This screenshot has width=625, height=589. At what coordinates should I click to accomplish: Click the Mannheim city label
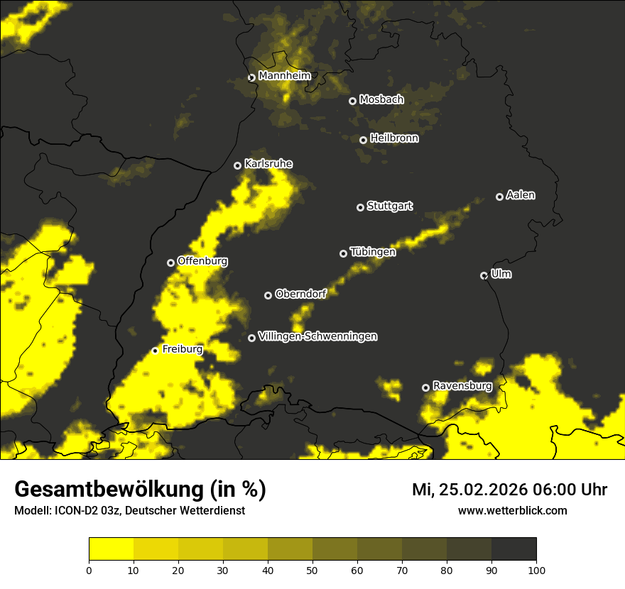pos(284,76)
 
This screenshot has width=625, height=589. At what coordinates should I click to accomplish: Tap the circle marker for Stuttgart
pos(360,207)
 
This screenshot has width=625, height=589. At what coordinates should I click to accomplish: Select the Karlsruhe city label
pos(268,164)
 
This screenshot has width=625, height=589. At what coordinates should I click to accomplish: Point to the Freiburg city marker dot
pos(155,351)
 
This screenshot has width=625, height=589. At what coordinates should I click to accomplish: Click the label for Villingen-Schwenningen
pos(317,336)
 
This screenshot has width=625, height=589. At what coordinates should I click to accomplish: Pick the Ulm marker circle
pos(484,275)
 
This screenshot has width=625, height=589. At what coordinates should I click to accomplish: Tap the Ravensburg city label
pos(462,386)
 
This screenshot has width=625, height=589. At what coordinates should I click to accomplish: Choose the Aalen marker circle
pos(499,197)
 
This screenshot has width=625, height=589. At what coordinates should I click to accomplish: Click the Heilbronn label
pos(393,138)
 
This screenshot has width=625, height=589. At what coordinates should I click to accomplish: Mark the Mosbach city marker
pos(352,101)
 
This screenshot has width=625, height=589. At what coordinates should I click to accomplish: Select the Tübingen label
pos(372,252)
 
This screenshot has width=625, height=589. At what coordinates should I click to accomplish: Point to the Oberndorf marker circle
pos(268,295)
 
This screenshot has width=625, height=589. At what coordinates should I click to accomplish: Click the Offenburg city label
pos(202,261)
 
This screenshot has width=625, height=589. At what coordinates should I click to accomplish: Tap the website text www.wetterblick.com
pos(512,510)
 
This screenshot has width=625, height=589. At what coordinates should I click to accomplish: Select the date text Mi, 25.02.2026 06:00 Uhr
pos(509,490)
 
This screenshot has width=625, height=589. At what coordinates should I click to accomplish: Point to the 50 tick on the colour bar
pos(312,569)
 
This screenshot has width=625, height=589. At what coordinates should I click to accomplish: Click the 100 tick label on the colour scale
pos(536,569)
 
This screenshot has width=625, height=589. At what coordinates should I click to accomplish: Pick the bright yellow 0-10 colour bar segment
pos(111,549)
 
